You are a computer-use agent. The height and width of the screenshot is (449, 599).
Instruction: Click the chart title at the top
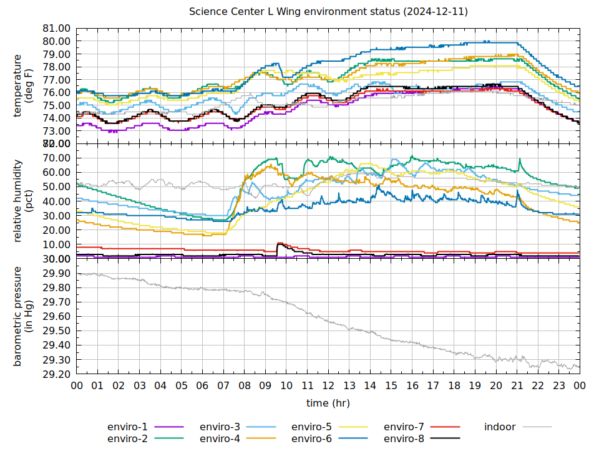click(x=328, y=12)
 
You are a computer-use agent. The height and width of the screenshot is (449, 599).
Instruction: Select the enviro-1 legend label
click(x=127, y=427)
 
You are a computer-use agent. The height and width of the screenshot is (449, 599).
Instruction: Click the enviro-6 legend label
click(x=312, y=438)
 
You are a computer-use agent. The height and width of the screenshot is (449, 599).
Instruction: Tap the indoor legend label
click(x=500, y=427)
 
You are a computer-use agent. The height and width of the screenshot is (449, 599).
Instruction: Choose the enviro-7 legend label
click(x=404, y=427)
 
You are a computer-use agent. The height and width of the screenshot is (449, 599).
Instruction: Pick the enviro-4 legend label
click(x=220, y=438)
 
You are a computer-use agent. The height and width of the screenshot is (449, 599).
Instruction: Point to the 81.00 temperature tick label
click(x=57, y=29)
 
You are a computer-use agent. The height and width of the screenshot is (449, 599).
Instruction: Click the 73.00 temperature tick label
click(x=57, y=131)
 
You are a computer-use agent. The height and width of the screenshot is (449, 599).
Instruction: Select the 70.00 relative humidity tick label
click(x=57, y=158)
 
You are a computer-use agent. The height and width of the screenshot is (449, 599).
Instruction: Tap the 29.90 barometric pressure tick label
click(x=57, y=274)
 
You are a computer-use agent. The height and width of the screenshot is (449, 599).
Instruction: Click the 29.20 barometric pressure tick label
click(x=57, y=374)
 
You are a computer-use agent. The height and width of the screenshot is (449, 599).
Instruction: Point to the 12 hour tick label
click(x=328, y=386)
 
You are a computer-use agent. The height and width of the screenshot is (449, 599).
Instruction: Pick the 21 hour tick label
click(x=517, y=386)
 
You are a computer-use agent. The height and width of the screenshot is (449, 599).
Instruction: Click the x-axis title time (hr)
click(x=328, y=403)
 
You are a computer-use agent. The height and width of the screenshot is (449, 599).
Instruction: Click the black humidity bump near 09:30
click(x=280, y=244)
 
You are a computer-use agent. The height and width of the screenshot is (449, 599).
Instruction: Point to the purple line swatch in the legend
click(x=168, y=427)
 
